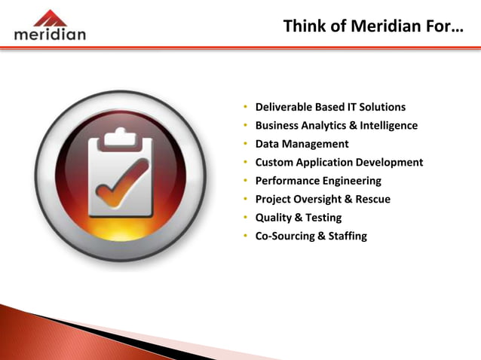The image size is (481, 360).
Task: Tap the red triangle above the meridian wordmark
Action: click(50, 17)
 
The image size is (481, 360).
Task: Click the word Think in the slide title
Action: click(304, 27)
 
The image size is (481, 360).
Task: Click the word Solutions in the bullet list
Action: click(381, 107)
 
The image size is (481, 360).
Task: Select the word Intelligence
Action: click(388, 126)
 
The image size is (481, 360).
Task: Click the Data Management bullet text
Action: click(302, 144)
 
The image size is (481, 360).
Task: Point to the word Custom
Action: click(273, 163)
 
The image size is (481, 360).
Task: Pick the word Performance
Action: click(287, 181)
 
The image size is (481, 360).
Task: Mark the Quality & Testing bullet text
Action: click(298, 218)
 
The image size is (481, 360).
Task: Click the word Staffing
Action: click(346, 236)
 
